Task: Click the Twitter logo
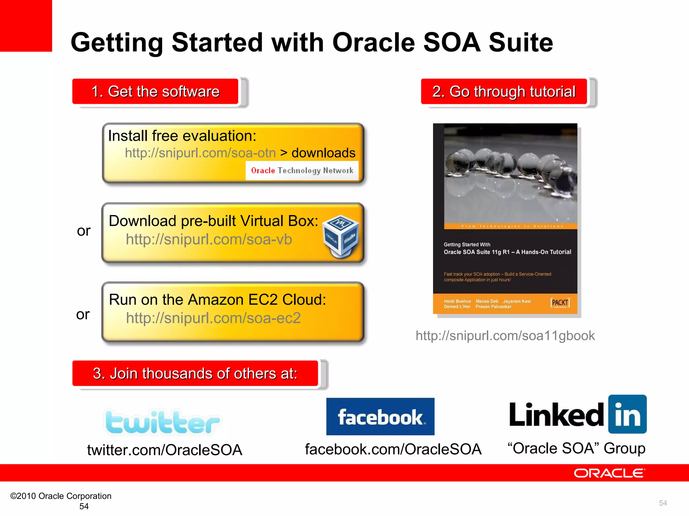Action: click(162, 422)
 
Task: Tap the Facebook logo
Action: click(380, 417)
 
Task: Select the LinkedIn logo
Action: click(578, 415)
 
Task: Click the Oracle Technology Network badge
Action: click(302, 171)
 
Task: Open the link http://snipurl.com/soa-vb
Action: click(209, 240)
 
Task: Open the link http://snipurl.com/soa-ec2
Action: click(213, 318)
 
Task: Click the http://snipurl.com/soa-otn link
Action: click(200, 153)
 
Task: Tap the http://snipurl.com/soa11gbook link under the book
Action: click(505, 336)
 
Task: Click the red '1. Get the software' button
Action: click(155, 92)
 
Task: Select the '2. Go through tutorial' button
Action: click(504, 92)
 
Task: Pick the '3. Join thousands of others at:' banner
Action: click(195, 374)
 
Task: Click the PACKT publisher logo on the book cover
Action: click(560, 303)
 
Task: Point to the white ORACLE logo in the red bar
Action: click(609, 473)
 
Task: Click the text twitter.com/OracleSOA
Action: click(165, 450)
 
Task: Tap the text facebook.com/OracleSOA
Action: click(393, 449)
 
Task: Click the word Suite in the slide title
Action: click(520, 43)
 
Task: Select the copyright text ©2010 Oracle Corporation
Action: click(61, 496)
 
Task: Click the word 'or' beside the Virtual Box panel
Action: click(84, 231)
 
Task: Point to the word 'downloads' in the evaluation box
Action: click(323, 153)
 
